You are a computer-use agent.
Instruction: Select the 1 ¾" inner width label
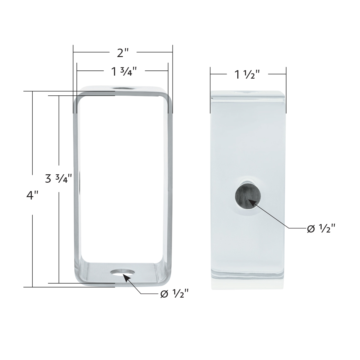[x=124, y=72]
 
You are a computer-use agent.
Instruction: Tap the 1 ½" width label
[x=247, y=74]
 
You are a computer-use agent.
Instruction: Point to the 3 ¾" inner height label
[x=59, y=179]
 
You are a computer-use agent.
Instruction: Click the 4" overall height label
[x=32, y=195]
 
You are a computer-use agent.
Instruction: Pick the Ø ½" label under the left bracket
[x=175, y=294]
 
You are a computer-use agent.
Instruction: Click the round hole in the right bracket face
[x=248, y=196]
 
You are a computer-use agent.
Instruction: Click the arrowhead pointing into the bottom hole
[x=127, y=278]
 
